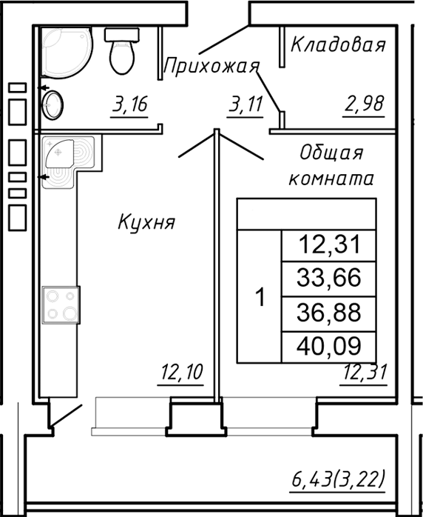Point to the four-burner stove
pos(61,304)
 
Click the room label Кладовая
pos(338,45)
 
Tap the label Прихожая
pos(211,67)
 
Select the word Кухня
pos(146,221)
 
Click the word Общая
pos(331,153)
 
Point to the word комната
pos(331,179)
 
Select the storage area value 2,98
pos(363,104)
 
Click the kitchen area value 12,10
pos(181,373)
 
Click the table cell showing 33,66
pos(328,278)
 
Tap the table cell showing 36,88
pos(328,312)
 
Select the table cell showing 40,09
pos(328,346)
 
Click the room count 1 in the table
pos(260,297)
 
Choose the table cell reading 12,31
pos(328,244)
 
